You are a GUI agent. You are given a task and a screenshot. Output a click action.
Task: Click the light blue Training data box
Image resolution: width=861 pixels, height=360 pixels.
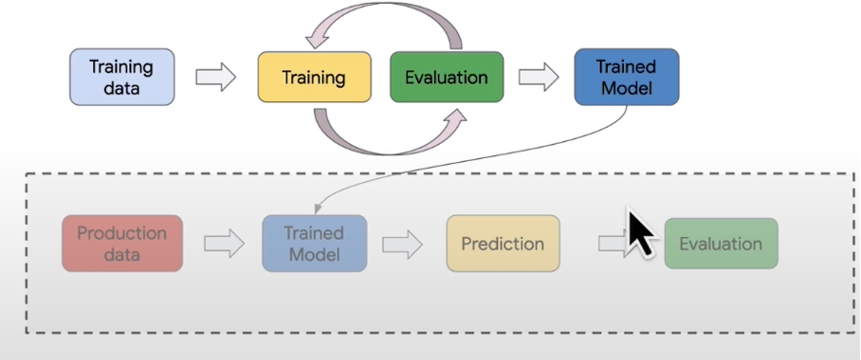tap(121, 77)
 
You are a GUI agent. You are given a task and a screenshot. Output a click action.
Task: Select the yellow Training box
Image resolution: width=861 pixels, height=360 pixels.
tap(313, 77)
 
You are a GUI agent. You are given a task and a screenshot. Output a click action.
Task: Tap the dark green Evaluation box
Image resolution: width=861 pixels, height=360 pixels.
tap(446, 77)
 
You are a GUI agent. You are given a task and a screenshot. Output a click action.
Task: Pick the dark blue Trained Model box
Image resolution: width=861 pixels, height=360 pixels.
tap(626, 77)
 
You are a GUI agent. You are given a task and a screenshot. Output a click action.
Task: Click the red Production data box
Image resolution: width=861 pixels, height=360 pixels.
tap(122, 244)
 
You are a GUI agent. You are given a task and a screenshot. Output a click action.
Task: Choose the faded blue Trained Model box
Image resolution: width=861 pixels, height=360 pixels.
tap(313, 244)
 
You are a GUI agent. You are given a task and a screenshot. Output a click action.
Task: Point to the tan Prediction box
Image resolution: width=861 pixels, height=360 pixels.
tap(502, 244)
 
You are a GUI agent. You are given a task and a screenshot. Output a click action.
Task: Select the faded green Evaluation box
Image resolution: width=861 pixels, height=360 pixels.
tap(720, 244)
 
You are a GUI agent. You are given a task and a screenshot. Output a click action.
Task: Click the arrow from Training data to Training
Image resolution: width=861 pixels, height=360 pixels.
tap(214, 78)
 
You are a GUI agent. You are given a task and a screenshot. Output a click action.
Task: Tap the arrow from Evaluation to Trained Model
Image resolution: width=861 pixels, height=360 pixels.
tap(538, 78)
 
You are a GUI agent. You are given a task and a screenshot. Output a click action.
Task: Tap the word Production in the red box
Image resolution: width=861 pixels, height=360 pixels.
tap(122, 233)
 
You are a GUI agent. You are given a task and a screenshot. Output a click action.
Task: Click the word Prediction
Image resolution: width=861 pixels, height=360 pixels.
tap(502, 244)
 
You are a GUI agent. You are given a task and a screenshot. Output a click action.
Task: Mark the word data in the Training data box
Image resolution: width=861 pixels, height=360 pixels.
tap(121, 89)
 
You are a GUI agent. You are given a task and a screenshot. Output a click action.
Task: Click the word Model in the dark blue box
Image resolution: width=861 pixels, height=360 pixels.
tap(626, 89)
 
